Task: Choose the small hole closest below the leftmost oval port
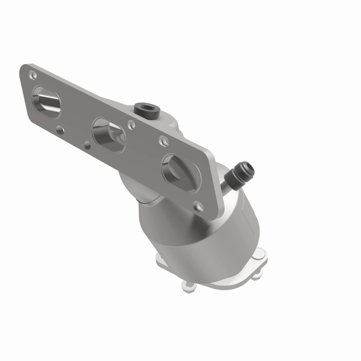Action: point(60,130)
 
